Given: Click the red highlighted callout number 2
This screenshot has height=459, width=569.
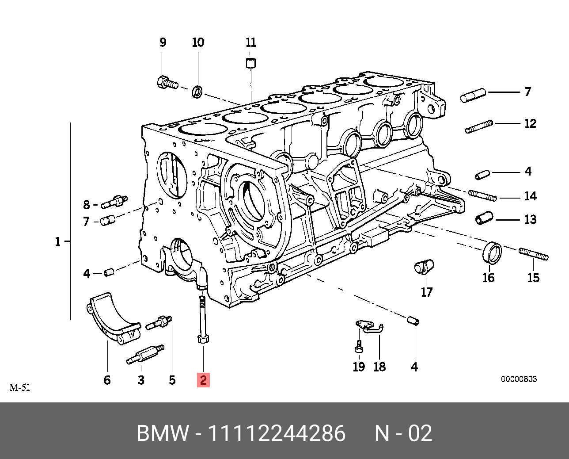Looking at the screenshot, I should point(203,380).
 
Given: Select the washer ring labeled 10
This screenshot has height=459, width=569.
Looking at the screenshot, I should point(197,92).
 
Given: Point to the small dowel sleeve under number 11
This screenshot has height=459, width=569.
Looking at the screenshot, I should point(251,63).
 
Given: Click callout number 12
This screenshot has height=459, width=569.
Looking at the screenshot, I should point(530,123).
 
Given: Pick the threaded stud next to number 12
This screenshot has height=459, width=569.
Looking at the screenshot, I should point(479,126).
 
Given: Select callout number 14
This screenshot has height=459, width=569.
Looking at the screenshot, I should point(530,196).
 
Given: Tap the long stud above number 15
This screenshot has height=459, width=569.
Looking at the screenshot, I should point(534,254).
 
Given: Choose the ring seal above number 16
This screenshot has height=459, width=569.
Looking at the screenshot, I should point(492,252).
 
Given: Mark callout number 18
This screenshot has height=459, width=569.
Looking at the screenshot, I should point(379,367).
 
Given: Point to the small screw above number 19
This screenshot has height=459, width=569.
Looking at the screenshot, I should point(359,346).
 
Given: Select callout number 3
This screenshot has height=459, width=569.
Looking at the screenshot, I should point(141,380).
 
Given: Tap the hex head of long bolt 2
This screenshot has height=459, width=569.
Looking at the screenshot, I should point(203,340).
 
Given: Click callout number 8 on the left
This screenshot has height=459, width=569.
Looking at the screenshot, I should point(87,205).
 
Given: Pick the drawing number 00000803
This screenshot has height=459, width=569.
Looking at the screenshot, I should point(519,379).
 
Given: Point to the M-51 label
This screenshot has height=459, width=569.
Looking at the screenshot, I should point(19,388).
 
